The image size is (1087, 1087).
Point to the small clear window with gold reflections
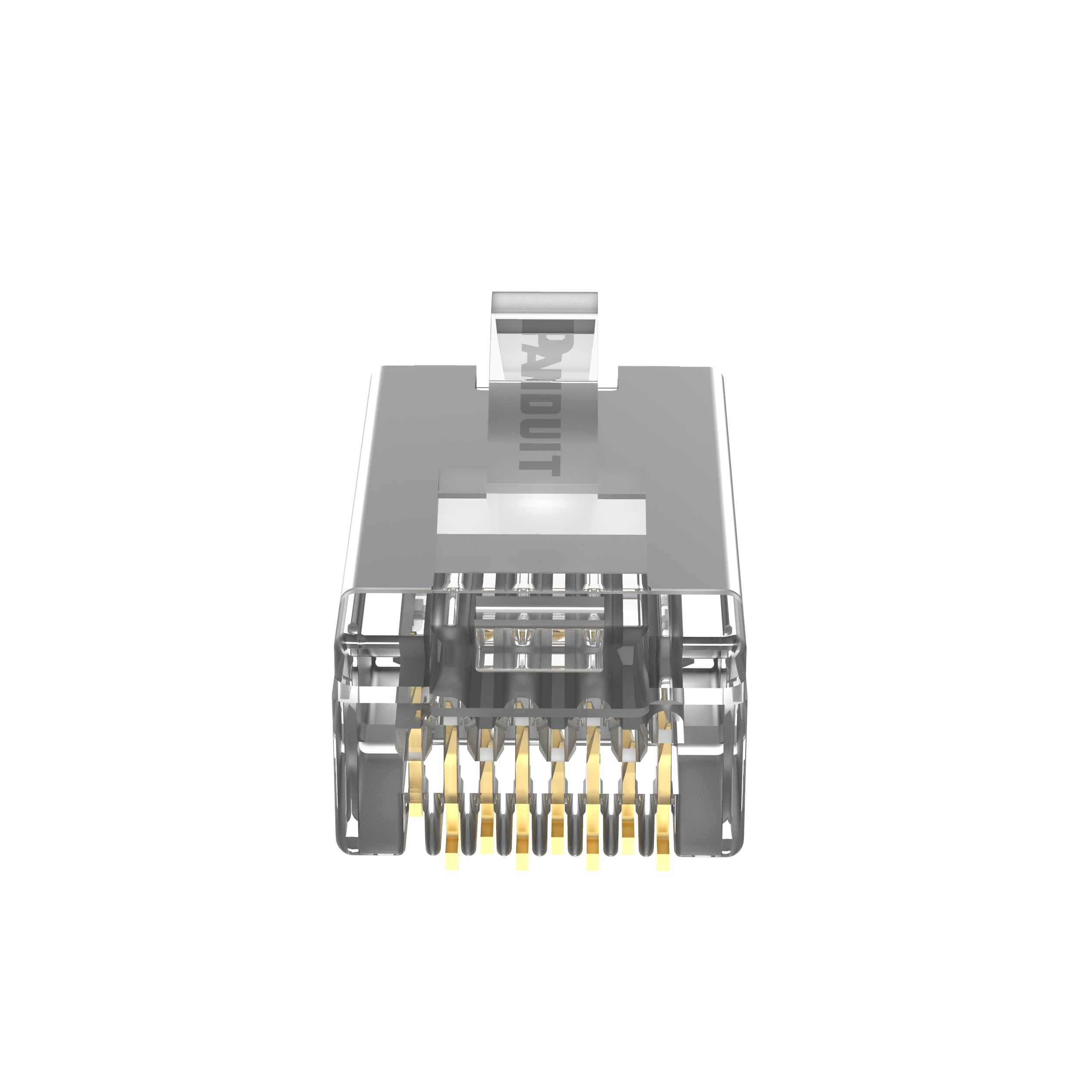coord(540,641)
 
